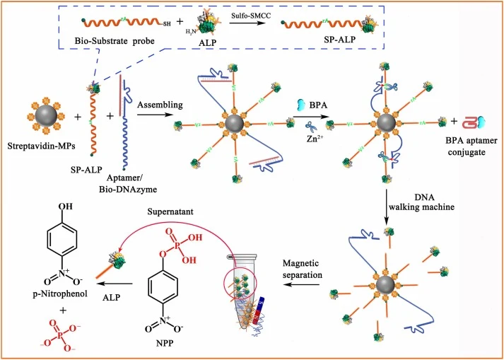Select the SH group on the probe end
(x=167, y=24)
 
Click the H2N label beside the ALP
(x=191, y=31)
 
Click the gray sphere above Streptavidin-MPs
(x=46, y=116)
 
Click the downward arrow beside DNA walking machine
(x=387, y=207)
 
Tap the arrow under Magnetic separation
(x=302, y=285)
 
